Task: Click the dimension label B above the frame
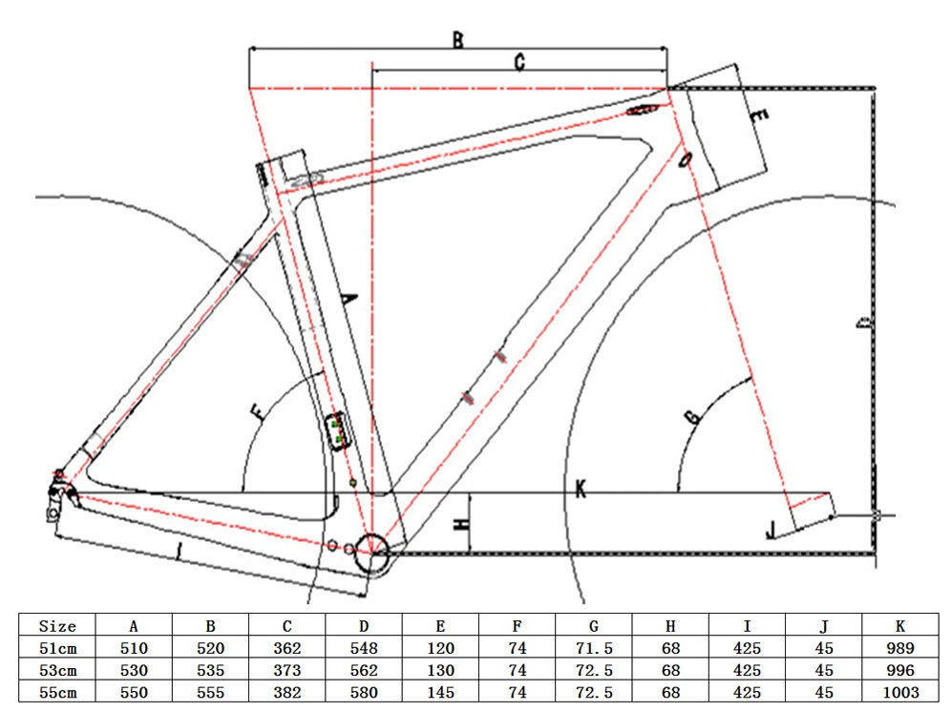tap(457, 40)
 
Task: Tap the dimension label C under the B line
tap(519, 63)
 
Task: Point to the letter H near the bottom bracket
tap(460, 523)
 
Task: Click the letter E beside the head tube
tap(759, 117)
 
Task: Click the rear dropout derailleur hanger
tap(57, 496)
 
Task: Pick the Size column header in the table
tap(57, 626)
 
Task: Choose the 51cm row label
tap(57, 648)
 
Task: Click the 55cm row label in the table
tap(57, 692)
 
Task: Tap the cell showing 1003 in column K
tap(899, 692)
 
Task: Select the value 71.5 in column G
tap(594, 648)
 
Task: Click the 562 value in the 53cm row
tap(364, 670)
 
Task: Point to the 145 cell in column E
tap(440, 692)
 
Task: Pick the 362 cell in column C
tap(287, 648)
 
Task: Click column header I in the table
tap(747, 626)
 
